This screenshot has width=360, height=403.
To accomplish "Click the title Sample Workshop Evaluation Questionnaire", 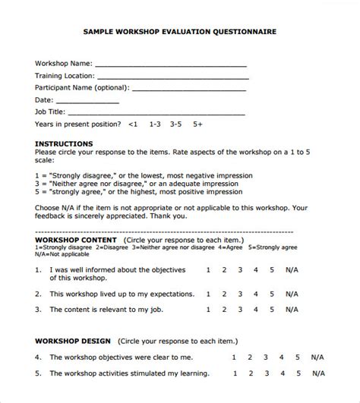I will [179, 33].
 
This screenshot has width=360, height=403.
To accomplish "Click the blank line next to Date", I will [88, 101].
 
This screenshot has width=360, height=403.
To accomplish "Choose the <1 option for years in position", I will [134, 124].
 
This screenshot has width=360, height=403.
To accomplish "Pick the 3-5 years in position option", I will [176, 124].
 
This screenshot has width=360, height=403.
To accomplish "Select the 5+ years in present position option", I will [198, 124].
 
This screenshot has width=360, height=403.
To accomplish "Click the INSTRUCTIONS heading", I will [65, 143].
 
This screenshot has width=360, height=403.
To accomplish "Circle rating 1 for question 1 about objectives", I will [208, 269].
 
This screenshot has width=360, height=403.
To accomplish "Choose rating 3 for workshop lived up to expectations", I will [240, 290].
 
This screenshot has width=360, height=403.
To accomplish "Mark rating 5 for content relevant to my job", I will [271, 310].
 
